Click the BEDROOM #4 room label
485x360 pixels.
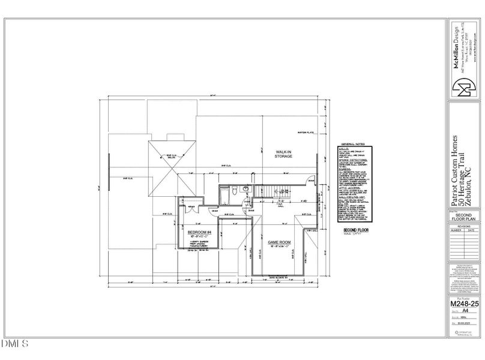click(197, 232)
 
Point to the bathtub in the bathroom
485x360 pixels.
click(223, 194)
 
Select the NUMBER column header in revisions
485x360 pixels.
click(456, 230)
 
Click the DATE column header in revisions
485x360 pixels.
click(472, 230)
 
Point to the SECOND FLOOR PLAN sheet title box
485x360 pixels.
click(463, 217)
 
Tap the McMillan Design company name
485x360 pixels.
click(455, 52)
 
